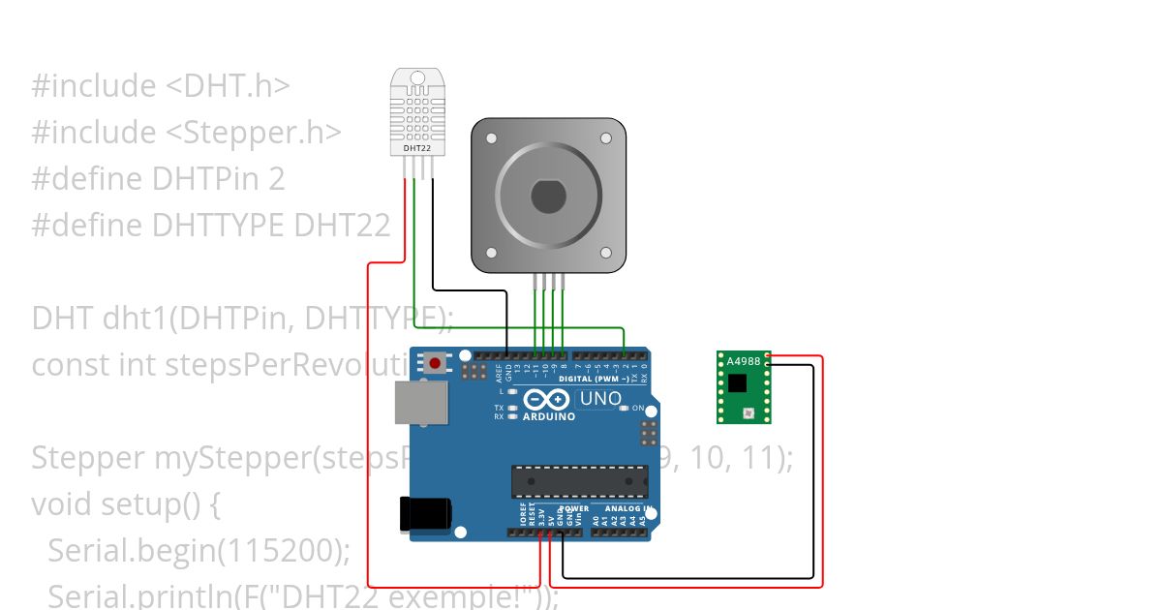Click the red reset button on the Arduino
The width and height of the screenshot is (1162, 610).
click(x=435, y=364)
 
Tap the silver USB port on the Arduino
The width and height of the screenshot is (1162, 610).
click(x=421, y=402)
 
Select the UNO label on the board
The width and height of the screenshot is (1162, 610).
click(x=600, y=398)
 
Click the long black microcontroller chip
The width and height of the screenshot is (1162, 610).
click(x=580, y=481)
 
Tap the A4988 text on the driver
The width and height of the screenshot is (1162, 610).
click(x=744, y=361)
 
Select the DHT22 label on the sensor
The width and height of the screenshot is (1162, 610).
click(x=416, y=148)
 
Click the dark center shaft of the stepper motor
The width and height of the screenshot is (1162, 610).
click(x=548, y=198)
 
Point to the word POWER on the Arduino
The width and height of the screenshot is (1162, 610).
click(x=575, y=508)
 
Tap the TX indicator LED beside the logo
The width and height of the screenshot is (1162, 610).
click(x=511, y=408)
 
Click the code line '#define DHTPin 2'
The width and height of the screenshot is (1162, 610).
click(x=158, y=179)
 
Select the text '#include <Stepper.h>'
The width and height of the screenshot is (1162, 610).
click(x=186, y=133)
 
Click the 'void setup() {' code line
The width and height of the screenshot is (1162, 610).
click(x=127, y=504)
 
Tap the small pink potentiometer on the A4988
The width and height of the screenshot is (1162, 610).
click(x=747, y=413)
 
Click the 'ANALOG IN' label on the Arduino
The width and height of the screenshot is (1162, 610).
click(x=627, y=508)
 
